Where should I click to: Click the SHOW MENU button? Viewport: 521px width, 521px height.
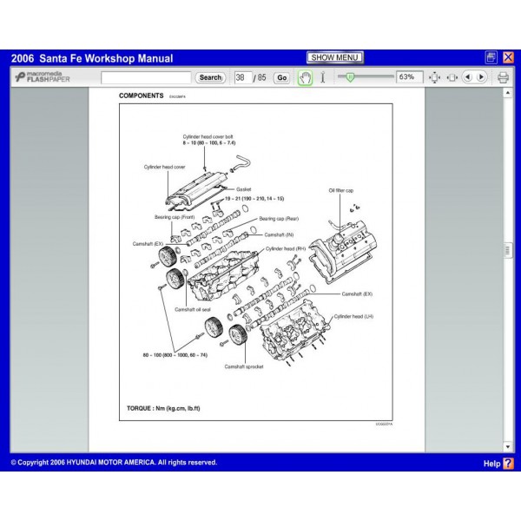(335, 58)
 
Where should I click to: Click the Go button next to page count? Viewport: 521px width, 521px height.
(281, 77)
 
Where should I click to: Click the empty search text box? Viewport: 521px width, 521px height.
(146, 77)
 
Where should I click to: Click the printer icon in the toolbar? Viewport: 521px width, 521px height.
(503, 77)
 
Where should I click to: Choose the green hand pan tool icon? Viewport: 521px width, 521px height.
(305, 77)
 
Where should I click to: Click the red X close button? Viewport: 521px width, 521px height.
(508, 58)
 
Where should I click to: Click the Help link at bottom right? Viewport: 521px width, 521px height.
(498, 464)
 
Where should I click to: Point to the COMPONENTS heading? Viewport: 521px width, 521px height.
(141, 95)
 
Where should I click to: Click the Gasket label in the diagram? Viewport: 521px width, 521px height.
(243, 188)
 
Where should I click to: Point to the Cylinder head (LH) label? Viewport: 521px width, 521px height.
(353, 318)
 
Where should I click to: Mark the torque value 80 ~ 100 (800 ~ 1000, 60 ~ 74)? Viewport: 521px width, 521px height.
(175, 355)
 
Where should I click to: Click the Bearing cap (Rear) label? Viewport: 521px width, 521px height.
(280, 219)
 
